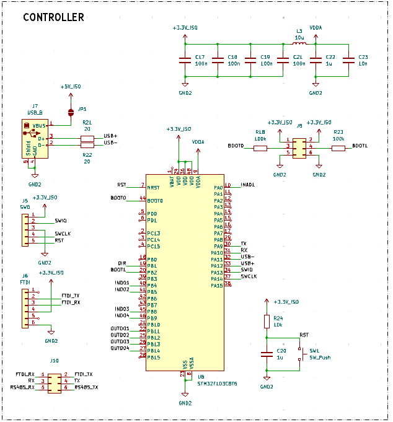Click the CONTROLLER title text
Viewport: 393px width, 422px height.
pyautogui.click(x=53, y=17)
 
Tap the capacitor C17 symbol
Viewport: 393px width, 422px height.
pyautogui.click(x=185, y=60)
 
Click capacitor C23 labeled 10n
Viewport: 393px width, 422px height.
pyautogui.click(x=348, y=60)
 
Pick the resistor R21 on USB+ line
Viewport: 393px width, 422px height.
pyautogui.click(x=87, y=138)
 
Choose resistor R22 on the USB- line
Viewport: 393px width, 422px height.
pyautogui.click(x=87, y=144)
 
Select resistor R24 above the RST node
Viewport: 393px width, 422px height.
pyautogui.click(x=267, y=321)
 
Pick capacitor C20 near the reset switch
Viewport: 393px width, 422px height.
pyautogui.click(x=267, y=354)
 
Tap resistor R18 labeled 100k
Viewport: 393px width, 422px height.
pyautogui.click(x=260, y=147)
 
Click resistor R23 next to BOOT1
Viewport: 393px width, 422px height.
pyautogui.click(x=338, y=147)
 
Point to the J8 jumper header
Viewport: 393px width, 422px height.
pyautogui.click(x=299, y=147)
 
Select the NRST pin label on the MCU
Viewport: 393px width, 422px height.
pyautogui.click(x=153, y=187)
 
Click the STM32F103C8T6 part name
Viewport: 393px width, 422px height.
pyautogui.click(x=217, y=384)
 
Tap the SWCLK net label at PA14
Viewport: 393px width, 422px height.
pyautogui.click(x=249, y=276)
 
